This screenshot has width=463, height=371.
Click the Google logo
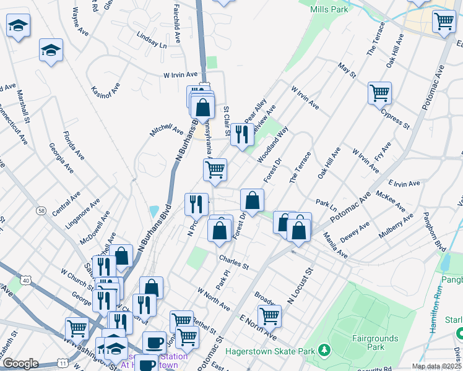[x=20, y=363]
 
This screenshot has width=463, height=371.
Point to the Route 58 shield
[x=40, y=211]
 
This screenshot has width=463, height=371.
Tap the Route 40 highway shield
[x=25, y=280]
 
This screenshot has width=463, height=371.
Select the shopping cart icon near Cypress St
[x=379, y=93]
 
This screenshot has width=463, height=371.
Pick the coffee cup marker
[x=154, y=343]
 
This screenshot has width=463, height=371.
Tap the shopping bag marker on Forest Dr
[x=252, y=200]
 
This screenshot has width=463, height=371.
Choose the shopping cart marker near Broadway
[x=269, y=316]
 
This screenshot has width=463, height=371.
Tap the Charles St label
[x=233, y=263]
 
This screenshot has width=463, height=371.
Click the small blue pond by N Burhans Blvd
[x=154, y=210]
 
